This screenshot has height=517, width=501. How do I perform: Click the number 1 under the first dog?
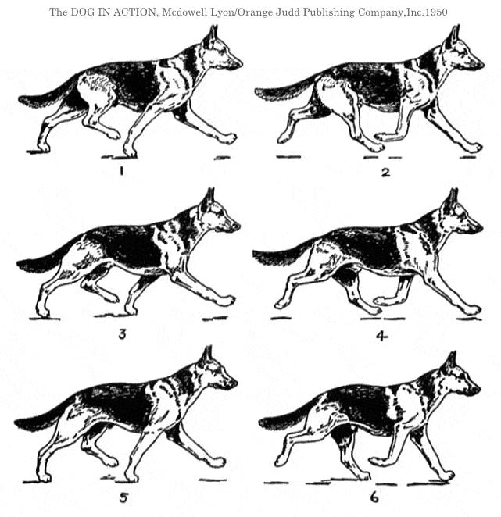[121, 170]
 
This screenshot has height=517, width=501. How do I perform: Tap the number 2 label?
[385, 172]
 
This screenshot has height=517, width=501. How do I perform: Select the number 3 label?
[122, 334]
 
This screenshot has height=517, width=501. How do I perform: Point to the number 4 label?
[382, 336]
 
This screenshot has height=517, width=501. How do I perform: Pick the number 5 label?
[123, 498]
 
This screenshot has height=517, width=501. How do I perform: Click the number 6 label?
[374, 497]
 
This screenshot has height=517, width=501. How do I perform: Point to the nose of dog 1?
[239, 63]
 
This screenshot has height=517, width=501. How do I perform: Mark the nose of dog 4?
[479, 227]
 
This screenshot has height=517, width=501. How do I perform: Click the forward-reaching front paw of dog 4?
[473, 310]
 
